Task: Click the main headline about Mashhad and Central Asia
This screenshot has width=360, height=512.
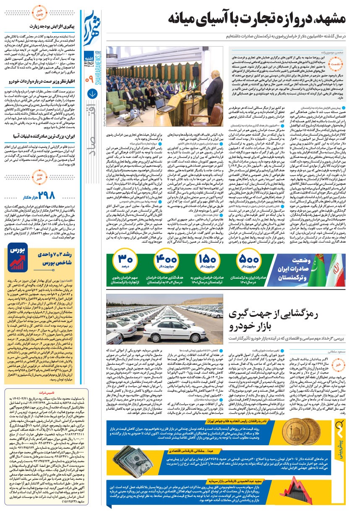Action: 256,19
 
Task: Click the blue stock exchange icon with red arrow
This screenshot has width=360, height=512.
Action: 18,256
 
